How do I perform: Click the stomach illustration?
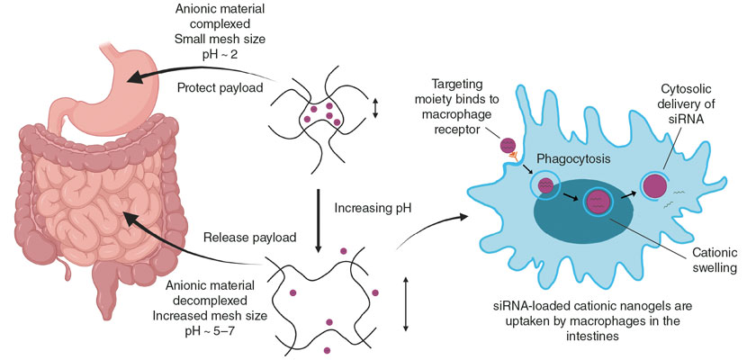(119, 91)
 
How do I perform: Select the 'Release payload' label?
(250, 237)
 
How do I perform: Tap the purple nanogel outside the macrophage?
(508, 144)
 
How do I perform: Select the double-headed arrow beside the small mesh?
(375, 108)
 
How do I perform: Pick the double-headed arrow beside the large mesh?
(406, 305)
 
